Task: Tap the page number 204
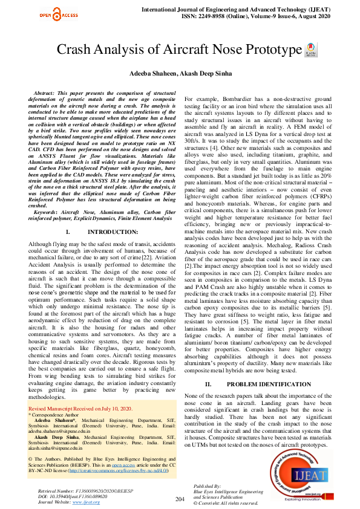click(x=180, y=499)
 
